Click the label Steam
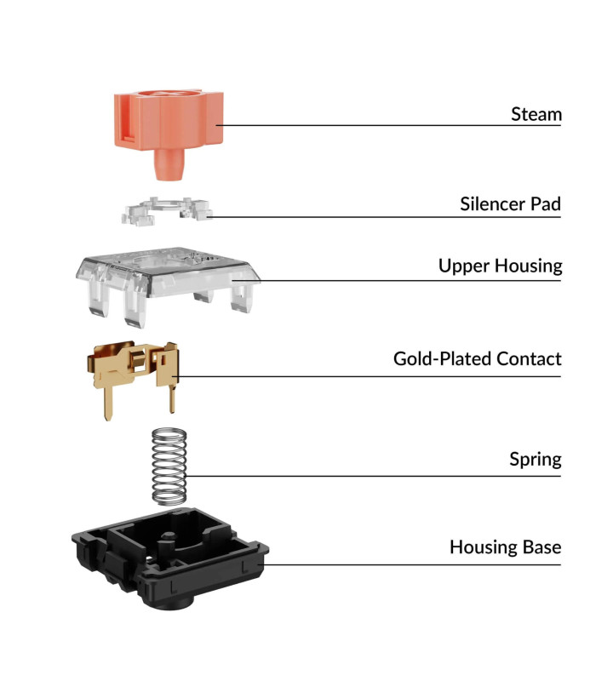click(536, 115)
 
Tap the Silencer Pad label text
click(510, 204)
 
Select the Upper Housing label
click(500, 266)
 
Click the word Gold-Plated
click(443, 359)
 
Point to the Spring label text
click(536, 460)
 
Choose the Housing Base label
click(505, 547)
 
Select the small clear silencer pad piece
click(167, 211)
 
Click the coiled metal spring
click(169, 466)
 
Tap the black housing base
click(169, 558)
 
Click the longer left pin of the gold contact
click(108, 403)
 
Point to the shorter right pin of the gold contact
click(173, 398)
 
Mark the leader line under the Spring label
click(373, 477)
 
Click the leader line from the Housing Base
click(410, 565)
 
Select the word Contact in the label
click(529, 359)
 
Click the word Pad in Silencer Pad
click(545, 204)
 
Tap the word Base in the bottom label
click(542, 547)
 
